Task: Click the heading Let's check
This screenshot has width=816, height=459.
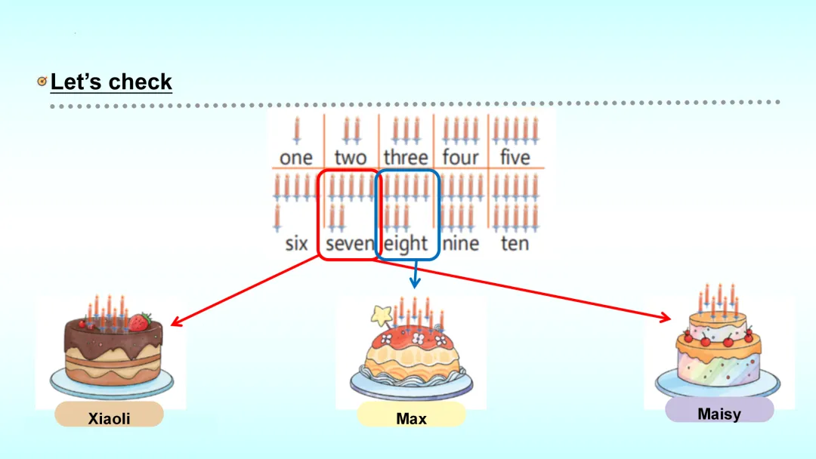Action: coord(111,82)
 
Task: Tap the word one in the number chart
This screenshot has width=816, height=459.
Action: coord(295,158)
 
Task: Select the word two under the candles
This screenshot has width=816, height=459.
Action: coord(350,158)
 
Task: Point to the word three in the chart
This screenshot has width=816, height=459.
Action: coord(406,158)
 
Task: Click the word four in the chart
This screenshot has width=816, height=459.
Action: coord(460,158)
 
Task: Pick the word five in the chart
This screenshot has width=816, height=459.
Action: coord(515,158)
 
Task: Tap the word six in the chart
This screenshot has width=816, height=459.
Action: coord(296,244)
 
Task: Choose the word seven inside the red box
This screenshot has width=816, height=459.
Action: coord(350,244)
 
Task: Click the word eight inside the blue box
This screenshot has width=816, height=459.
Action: coord(406,244)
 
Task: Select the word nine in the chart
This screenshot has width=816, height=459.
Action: coord(461,244)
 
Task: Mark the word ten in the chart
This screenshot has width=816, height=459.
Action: coord(515,244)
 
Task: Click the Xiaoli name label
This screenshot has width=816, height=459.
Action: coord(110,417)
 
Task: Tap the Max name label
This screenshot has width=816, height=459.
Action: coord(411,417)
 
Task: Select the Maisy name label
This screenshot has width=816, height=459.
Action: coord(719,414)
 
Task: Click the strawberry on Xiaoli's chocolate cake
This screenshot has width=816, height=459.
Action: coord(138,322)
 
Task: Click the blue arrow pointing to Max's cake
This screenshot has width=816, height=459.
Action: coord(414,275)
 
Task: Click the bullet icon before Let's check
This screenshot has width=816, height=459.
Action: coord(42,82)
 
